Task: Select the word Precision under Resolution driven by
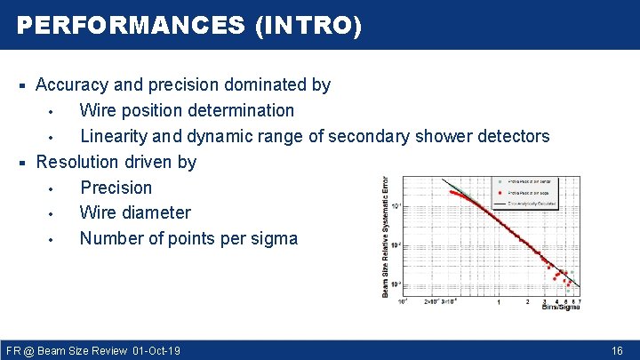pos(116,188)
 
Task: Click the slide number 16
pos(617,351)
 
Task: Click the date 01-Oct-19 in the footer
pos(156,351)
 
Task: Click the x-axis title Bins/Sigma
pos(562,308)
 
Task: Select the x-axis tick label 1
pos(499,302)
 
